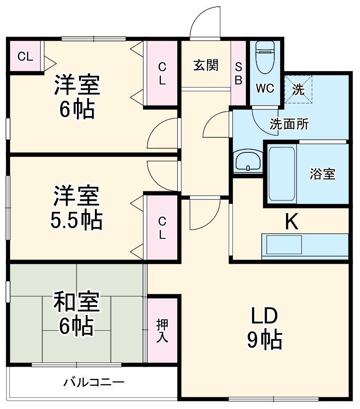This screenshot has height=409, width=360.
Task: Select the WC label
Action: click(x=265, y=88)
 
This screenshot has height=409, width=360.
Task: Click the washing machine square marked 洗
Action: click(x=299, y=89)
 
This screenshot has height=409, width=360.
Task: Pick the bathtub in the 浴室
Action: click(x=281, y=172)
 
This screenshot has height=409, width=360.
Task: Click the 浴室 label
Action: click(x=322, y=174)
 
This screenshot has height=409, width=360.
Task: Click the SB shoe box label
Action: click(x=238, y=74)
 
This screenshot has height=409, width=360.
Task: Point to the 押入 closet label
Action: click(x=162, y=331)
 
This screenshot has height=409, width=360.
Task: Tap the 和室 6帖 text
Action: click(x=76, y=315)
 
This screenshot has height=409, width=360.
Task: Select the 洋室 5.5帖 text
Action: click(x=76, y=208)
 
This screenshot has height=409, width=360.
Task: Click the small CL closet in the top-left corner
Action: click(x=25, y=56)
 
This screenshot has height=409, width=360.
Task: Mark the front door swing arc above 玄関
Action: click(x=204, y=23)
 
